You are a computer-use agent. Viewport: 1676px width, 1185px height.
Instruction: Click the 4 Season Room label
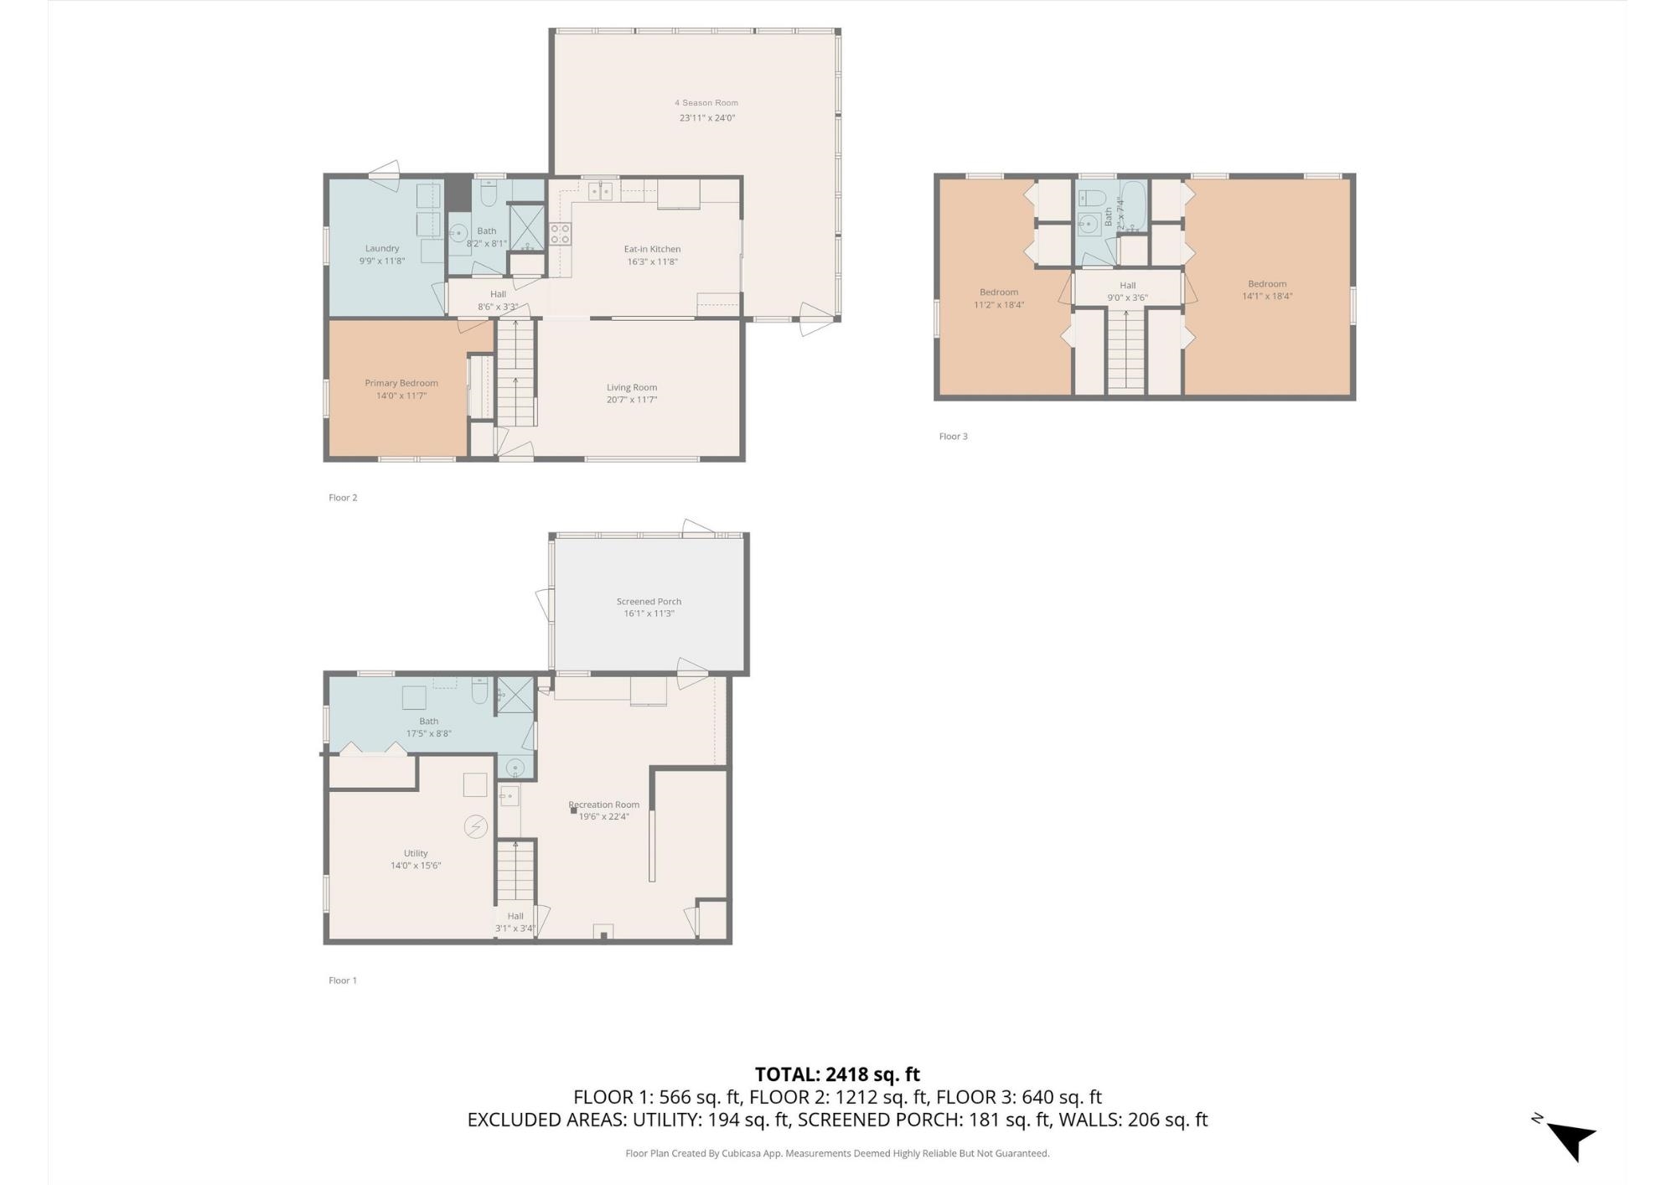click(706, 103)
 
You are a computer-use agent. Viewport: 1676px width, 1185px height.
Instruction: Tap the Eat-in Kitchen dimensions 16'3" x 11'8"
click(652, 261)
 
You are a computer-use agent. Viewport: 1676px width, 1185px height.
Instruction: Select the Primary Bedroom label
click(401, 383)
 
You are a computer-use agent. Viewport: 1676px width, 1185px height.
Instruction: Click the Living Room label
click(632, 387)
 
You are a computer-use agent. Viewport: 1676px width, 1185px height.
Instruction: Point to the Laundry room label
click(382, 248)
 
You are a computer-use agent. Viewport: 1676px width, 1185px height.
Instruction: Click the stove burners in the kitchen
click(560, 234)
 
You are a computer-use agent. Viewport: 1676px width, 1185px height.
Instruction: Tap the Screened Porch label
click(649, 601)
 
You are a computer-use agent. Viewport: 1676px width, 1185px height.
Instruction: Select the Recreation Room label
click(604, 805)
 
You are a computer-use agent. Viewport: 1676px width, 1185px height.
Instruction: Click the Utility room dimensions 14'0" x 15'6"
click(416, 866)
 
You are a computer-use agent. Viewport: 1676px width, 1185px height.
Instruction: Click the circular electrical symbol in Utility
click(475, 827)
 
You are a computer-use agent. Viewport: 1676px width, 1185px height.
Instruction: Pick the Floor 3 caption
click(953, 437)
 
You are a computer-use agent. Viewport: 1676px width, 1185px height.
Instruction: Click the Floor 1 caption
click(343, 981)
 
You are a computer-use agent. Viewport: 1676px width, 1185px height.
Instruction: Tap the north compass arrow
click(1571, 1140)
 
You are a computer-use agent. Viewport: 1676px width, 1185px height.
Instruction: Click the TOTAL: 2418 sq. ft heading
click(837, 1074)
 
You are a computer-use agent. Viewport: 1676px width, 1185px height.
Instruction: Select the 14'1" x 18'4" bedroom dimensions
click(1266, 296)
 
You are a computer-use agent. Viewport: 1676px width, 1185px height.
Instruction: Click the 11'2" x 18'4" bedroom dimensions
click(999, 305)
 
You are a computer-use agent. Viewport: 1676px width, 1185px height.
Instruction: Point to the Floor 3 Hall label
click(1127, 286)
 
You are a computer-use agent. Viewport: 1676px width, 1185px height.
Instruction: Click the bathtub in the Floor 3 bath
click(1134, 207)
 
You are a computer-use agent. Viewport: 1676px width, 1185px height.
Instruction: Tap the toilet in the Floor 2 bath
click(489, 194)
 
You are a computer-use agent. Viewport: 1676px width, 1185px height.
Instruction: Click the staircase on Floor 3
click(1125, 349)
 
